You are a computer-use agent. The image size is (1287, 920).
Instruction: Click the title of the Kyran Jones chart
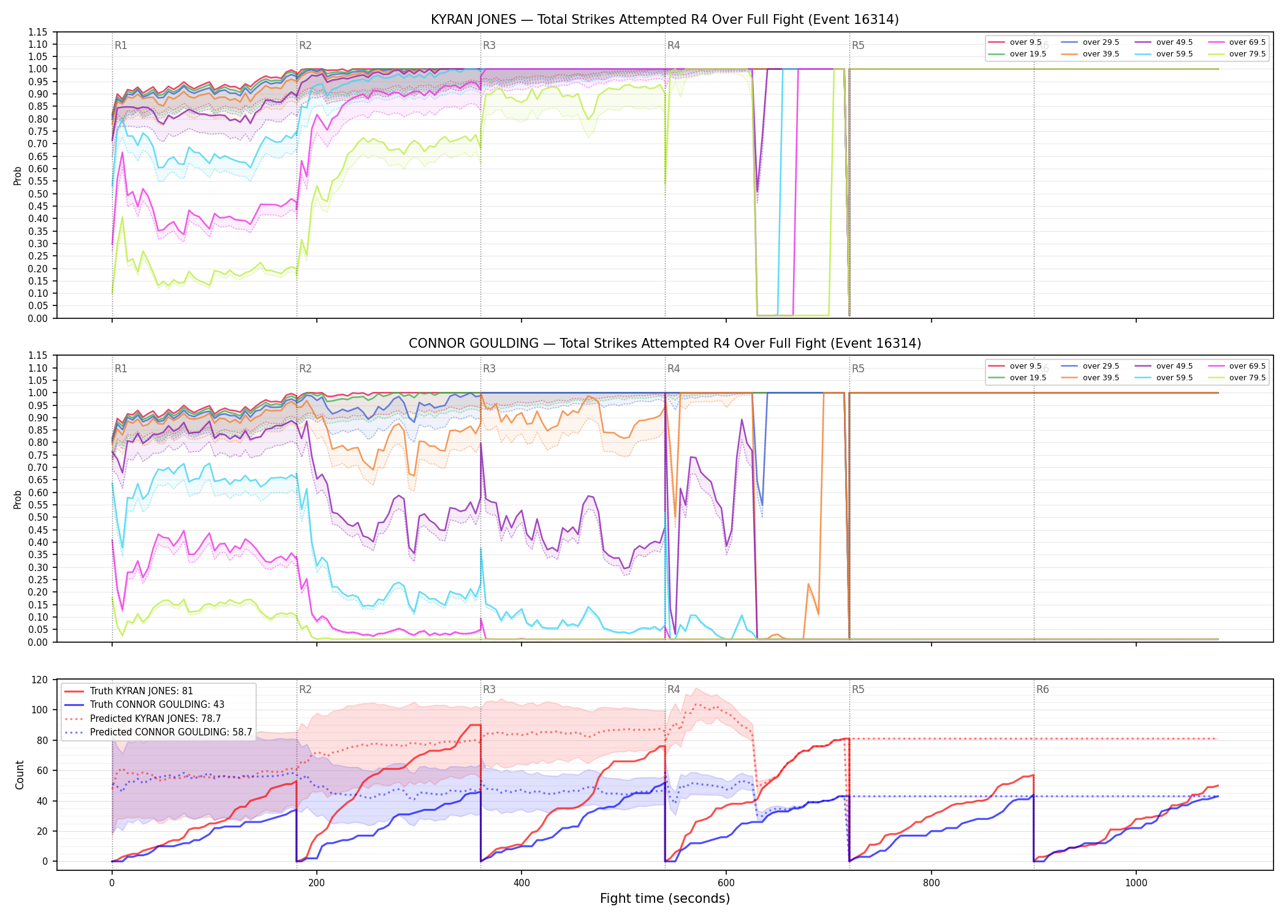(x=665, y=20)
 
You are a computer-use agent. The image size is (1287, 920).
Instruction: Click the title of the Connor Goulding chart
(x=665, y=343)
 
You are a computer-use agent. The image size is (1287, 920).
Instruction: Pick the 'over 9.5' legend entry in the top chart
(x=1015, y=42)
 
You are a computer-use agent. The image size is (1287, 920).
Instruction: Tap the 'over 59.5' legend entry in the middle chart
(x=1164, y=378)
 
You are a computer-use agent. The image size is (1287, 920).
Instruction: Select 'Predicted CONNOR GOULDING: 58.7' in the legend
(x=158, y=732)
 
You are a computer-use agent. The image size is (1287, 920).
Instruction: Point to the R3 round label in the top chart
(x=489, y=45)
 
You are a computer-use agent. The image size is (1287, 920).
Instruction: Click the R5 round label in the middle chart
(x=858, y=369)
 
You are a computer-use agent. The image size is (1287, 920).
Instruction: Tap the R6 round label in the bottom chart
(x=1042, y=689)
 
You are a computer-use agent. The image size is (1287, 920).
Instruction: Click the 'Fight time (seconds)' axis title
(x=665, y=899)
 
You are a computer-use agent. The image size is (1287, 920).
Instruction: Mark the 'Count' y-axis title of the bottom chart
(x=20, y=775)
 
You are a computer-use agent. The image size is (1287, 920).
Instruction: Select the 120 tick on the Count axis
(x=40, y=680)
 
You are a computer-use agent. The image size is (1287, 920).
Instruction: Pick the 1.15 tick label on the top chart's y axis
(x=38, y=32)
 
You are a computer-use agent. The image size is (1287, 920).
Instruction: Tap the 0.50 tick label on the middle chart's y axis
(x=38, y=517)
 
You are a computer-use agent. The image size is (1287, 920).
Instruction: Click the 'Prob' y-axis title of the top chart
(x=18, y=176)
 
